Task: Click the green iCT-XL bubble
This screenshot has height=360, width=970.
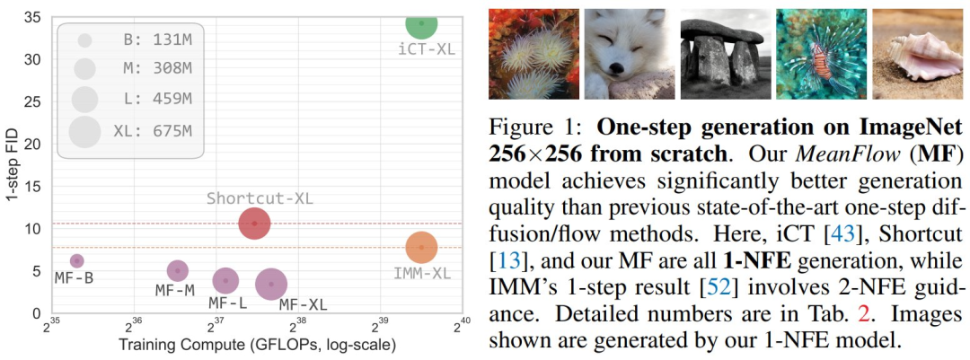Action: (421, 23)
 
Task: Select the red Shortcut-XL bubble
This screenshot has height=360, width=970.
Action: (254, 223)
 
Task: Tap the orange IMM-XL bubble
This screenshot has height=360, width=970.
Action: (421, 247)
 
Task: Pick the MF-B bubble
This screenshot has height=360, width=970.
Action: (77, 261)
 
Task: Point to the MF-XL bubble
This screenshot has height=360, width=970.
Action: (271, 284)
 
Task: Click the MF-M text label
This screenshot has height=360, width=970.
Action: (174, 291)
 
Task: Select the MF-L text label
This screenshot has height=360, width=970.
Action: (228, 303)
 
